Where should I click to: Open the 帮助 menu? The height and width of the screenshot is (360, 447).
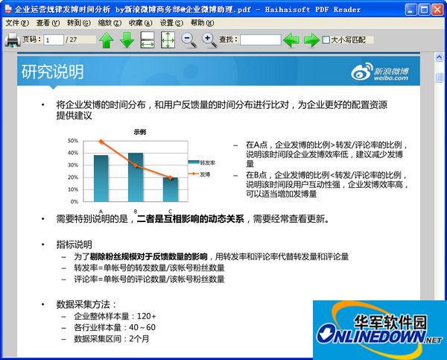(x=200, y=23)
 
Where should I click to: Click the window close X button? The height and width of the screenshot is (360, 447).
(x=437, y=9)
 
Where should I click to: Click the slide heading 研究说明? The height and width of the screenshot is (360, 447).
(x=52, y=72)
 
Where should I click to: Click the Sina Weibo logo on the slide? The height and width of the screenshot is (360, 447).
(x=380, y=72)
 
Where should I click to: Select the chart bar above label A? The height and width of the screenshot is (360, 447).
(x=101, y=178)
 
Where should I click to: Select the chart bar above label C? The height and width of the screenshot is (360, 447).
(x=171, y=189)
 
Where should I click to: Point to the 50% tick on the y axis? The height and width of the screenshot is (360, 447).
(x=73, y=140)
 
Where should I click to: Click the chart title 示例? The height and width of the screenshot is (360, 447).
(x=139, y=131)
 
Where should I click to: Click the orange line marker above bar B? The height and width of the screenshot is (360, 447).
(x=136, y=165)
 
